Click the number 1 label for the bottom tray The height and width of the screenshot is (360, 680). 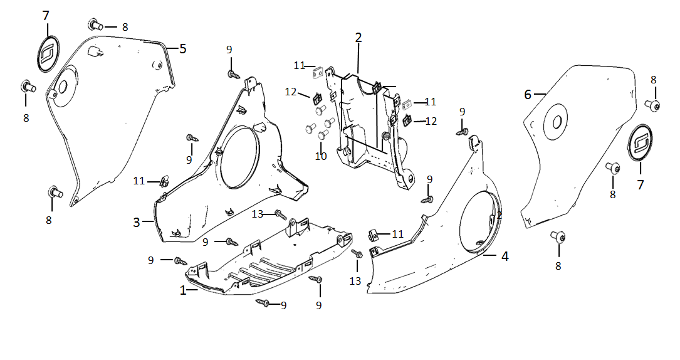[x=183, y=290]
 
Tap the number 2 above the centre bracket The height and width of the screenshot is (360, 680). [x=358, y=38]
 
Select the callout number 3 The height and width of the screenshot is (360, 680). [x=136, y=222]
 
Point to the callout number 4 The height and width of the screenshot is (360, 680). [x=505, y=256]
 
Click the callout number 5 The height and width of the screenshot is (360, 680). [x=182, y=48]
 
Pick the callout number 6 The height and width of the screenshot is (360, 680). [x=528, y=94]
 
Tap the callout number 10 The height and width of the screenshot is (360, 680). [x=321, y=156]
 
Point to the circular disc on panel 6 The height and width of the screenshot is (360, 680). [x=555, y=122]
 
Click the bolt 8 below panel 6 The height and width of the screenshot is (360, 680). [x=558, y=237]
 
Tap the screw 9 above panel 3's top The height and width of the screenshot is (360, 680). [x=233, y=75]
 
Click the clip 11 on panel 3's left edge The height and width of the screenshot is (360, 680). [x=163, y=181]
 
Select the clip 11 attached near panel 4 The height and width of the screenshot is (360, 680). [x=372, y=236]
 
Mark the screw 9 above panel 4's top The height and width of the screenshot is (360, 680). [x=463, y=132]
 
